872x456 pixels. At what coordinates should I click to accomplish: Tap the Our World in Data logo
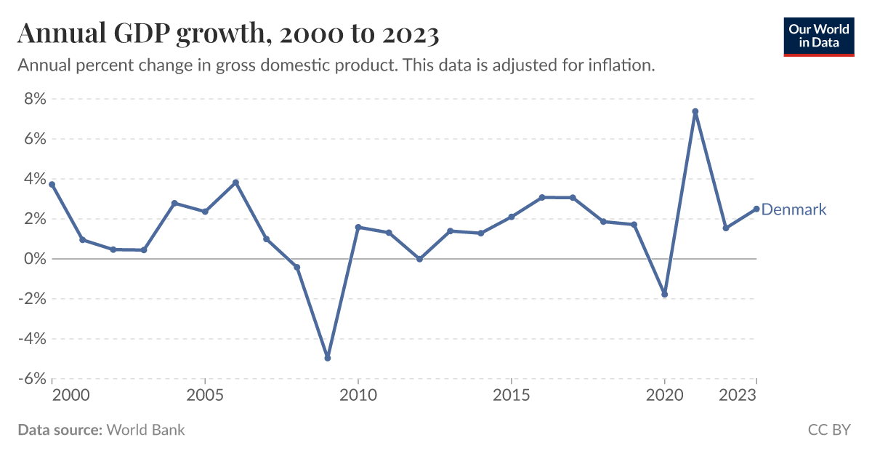click(x=818, y=36)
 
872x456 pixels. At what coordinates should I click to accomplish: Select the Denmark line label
click(x=794, y=209)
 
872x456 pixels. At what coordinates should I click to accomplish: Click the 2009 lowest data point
click(x=328, y=358)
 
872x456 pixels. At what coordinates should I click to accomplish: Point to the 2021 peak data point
click(x=695, y=112)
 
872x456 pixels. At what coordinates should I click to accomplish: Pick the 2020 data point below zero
click(x=664, y=295)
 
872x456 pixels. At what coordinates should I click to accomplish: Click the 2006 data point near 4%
click(x=235, y=183)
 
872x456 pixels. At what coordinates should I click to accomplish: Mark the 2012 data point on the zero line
click(x=419, y=259)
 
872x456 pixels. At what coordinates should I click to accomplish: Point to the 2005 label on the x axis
click(x=205, y=396)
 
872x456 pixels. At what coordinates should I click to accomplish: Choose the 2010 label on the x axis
click(x=358, y=396)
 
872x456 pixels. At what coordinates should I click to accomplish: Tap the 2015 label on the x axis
click(x=511, y=396)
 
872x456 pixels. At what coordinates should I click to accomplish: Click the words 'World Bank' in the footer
click(x=145, y=430)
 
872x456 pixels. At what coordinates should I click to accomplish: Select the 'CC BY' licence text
click(x=828, y=430)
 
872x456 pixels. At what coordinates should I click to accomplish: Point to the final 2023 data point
click(x=756, y=209)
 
